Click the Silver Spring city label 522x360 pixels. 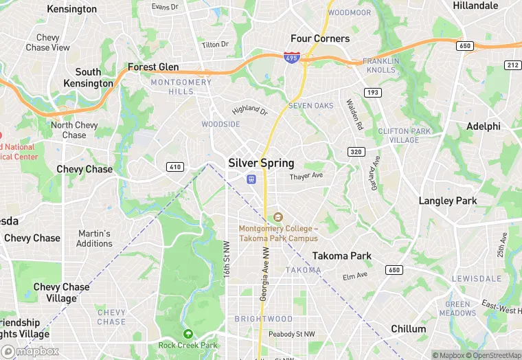point(261,164)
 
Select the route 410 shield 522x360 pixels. point(174,166)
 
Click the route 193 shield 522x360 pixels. point(373,91)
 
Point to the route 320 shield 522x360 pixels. point(356,152)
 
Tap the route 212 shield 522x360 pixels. point(512,65)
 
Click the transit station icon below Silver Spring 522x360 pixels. point(252,179)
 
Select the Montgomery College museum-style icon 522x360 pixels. point(278,217)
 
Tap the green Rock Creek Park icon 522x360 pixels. point(187,334)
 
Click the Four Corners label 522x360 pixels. point(320,38)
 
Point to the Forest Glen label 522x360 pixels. point(153,67)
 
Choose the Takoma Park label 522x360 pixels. point(342,256)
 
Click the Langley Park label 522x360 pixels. point(447,201)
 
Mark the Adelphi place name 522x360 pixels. point(484,126)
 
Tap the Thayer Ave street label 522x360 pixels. point(306,177)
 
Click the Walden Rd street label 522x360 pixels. point(353,115)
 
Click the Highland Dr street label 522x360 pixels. point(249,109)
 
